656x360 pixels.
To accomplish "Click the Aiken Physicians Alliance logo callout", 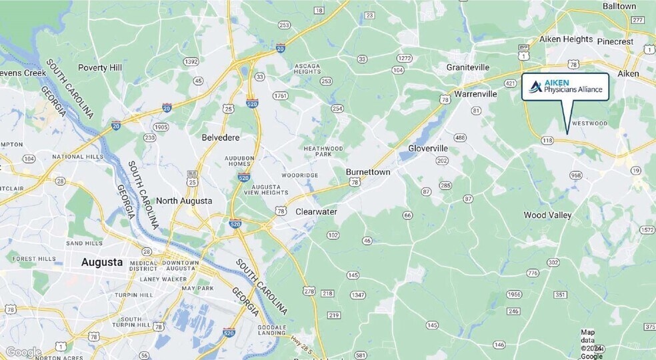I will tap(565, 87).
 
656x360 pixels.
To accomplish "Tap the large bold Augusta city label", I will tap(102, 262).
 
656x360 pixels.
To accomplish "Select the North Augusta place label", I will tap(184, 201).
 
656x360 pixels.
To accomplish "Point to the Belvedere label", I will tap(220, 137).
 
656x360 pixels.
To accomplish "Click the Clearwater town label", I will tap(316, 211).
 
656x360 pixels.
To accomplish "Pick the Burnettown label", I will tap(367, 171).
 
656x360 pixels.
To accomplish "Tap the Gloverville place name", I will tap(427, 147).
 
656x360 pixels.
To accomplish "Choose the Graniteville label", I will tap(468, 67).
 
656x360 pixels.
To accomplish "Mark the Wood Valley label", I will tap(547, 215).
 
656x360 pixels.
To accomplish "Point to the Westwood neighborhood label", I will tap(590, 123).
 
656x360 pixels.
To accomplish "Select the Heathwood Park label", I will tap(323, 151).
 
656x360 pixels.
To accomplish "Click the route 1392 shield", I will tap(191, 62).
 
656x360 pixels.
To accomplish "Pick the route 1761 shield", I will tap(280, 96).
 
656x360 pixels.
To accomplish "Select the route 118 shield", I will tap(547, 140).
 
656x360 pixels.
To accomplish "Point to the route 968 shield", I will tap(576, 175).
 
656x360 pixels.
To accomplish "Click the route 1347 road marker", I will tap(358, 295).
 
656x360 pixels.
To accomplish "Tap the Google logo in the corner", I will tap(23, 352).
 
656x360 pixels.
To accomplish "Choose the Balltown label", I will tap(619, 6).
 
